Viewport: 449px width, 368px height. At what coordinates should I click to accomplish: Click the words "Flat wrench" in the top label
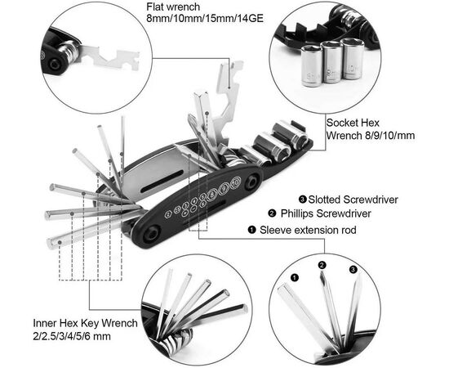[173, 7]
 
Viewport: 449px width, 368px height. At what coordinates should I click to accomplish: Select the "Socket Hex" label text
[353, 123]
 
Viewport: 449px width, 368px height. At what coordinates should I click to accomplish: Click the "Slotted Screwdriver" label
[353, 200]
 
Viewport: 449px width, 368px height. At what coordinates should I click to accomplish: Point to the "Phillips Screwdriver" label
[326, 213]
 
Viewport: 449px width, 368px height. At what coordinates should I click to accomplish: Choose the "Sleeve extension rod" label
[308, 230]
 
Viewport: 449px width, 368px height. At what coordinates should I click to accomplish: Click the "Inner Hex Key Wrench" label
[86, 323]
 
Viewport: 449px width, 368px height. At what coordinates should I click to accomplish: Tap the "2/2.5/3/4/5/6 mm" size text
[72, 336]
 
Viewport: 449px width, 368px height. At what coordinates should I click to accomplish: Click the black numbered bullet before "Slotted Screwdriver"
[302, 200]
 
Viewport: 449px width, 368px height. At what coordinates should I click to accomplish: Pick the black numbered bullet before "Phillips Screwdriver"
[272, 213]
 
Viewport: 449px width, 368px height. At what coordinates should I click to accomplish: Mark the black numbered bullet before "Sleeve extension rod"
[252, 230]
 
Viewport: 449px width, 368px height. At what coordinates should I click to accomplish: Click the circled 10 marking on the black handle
[235, 182]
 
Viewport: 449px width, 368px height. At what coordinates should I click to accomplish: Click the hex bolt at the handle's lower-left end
[151, 234]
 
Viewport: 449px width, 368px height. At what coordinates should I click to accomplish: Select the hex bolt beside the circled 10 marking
[252, 182]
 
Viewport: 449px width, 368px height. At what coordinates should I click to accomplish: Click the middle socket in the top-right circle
[331, 62]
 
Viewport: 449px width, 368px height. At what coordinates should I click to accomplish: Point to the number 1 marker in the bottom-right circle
[295, 277]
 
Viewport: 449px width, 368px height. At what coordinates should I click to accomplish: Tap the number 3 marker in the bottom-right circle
[353, 270]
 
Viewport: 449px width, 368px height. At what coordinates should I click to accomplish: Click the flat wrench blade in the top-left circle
[109, 58]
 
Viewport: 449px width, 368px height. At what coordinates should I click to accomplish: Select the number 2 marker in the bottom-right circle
[322, 265]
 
